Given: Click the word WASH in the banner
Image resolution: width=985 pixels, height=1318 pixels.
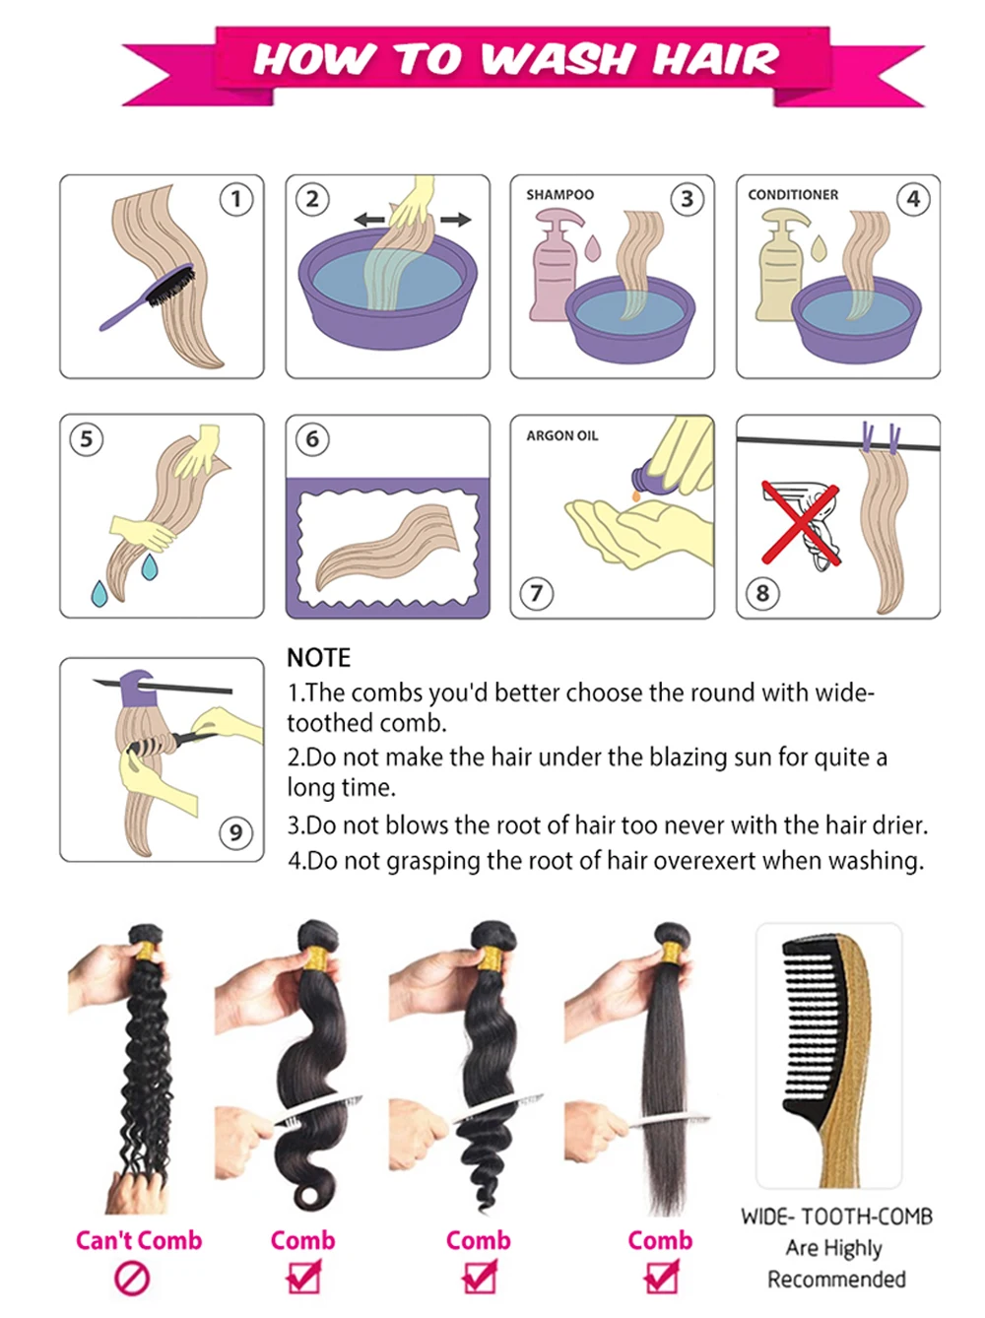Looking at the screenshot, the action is [x=557, y=59].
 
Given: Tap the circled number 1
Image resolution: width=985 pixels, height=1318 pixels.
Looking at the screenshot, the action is [x=235, y=199].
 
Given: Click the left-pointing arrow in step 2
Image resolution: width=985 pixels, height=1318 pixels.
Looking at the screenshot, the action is [x=369, y=221].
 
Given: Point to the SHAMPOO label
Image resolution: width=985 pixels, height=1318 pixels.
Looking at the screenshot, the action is [x=559, y=194].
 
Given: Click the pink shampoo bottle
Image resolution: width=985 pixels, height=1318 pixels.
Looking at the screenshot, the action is [x=555, y=264].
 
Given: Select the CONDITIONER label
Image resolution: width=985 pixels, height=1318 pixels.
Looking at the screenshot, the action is [x=792, y=194].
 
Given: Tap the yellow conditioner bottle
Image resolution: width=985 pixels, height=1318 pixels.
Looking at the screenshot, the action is [x=781, y=264].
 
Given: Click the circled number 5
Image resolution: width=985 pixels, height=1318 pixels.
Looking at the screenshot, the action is [x=87, y=439].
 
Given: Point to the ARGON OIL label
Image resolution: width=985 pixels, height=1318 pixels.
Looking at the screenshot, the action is [x=561, y=435].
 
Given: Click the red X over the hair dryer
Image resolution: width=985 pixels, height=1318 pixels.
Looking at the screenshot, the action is [x=801, y=522].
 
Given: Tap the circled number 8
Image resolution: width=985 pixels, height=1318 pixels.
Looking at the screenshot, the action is [x=762, y=593].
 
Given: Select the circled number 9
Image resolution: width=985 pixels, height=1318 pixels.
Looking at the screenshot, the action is [x=235, y=832].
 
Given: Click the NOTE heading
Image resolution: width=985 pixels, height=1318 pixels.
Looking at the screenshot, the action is [x=318, y=657].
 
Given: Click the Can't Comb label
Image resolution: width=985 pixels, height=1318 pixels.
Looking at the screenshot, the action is [x=139, y=1239].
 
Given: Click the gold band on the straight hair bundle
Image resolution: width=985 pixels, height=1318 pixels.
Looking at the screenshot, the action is [x=671, y=950].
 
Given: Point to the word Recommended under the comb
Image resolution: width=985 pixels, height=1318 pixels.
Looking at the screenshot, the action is [x=836, y=1279].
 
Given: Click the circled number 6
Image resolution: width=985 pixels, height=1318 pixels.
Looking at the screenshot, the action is [x=312, y=439].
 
